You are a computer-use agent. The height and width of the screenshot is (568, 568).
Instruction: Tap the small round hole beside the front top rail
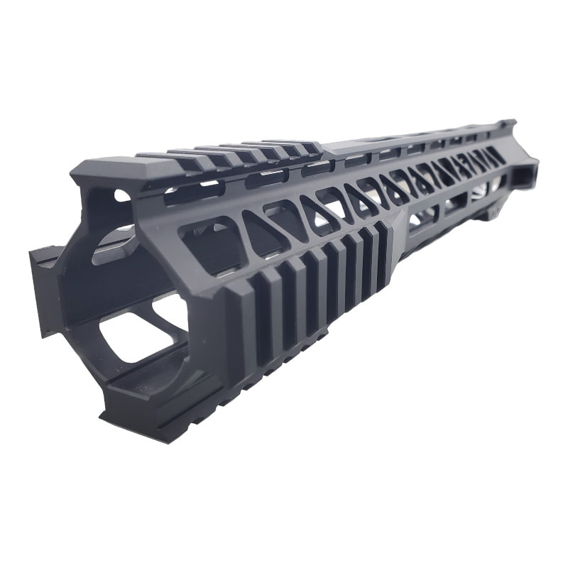coord(121,195)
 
